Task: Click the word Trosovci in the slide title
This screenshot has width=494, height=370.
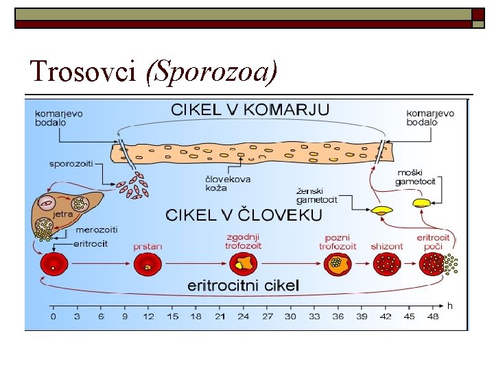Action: coord(83,71)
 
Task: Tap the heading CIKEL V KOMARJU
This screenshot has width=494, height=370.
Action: coord(250,110)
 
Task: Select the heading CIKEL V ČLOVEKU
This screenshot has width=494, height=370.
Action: coord(244,214)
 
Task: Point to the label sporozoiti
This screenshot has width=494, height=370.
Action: coord(71,164)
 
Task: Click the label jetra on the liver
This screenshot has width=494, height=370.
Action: coord(64,214)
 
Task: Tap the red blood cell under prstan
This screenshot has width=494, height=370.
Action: coord(146,263)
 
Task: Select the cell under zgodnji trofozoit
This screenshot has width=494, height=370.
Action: coord(242,262)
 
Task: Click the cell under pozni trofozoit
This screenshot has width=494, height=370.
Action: coord(337,262)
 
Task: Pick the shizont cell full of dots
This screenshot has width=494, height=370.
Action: coord(386,263)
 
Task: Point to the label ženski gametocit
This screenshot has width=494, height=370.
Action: coord(316,195)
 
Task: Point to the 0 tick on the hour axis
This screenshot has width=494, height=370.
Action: coord(53,316)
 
